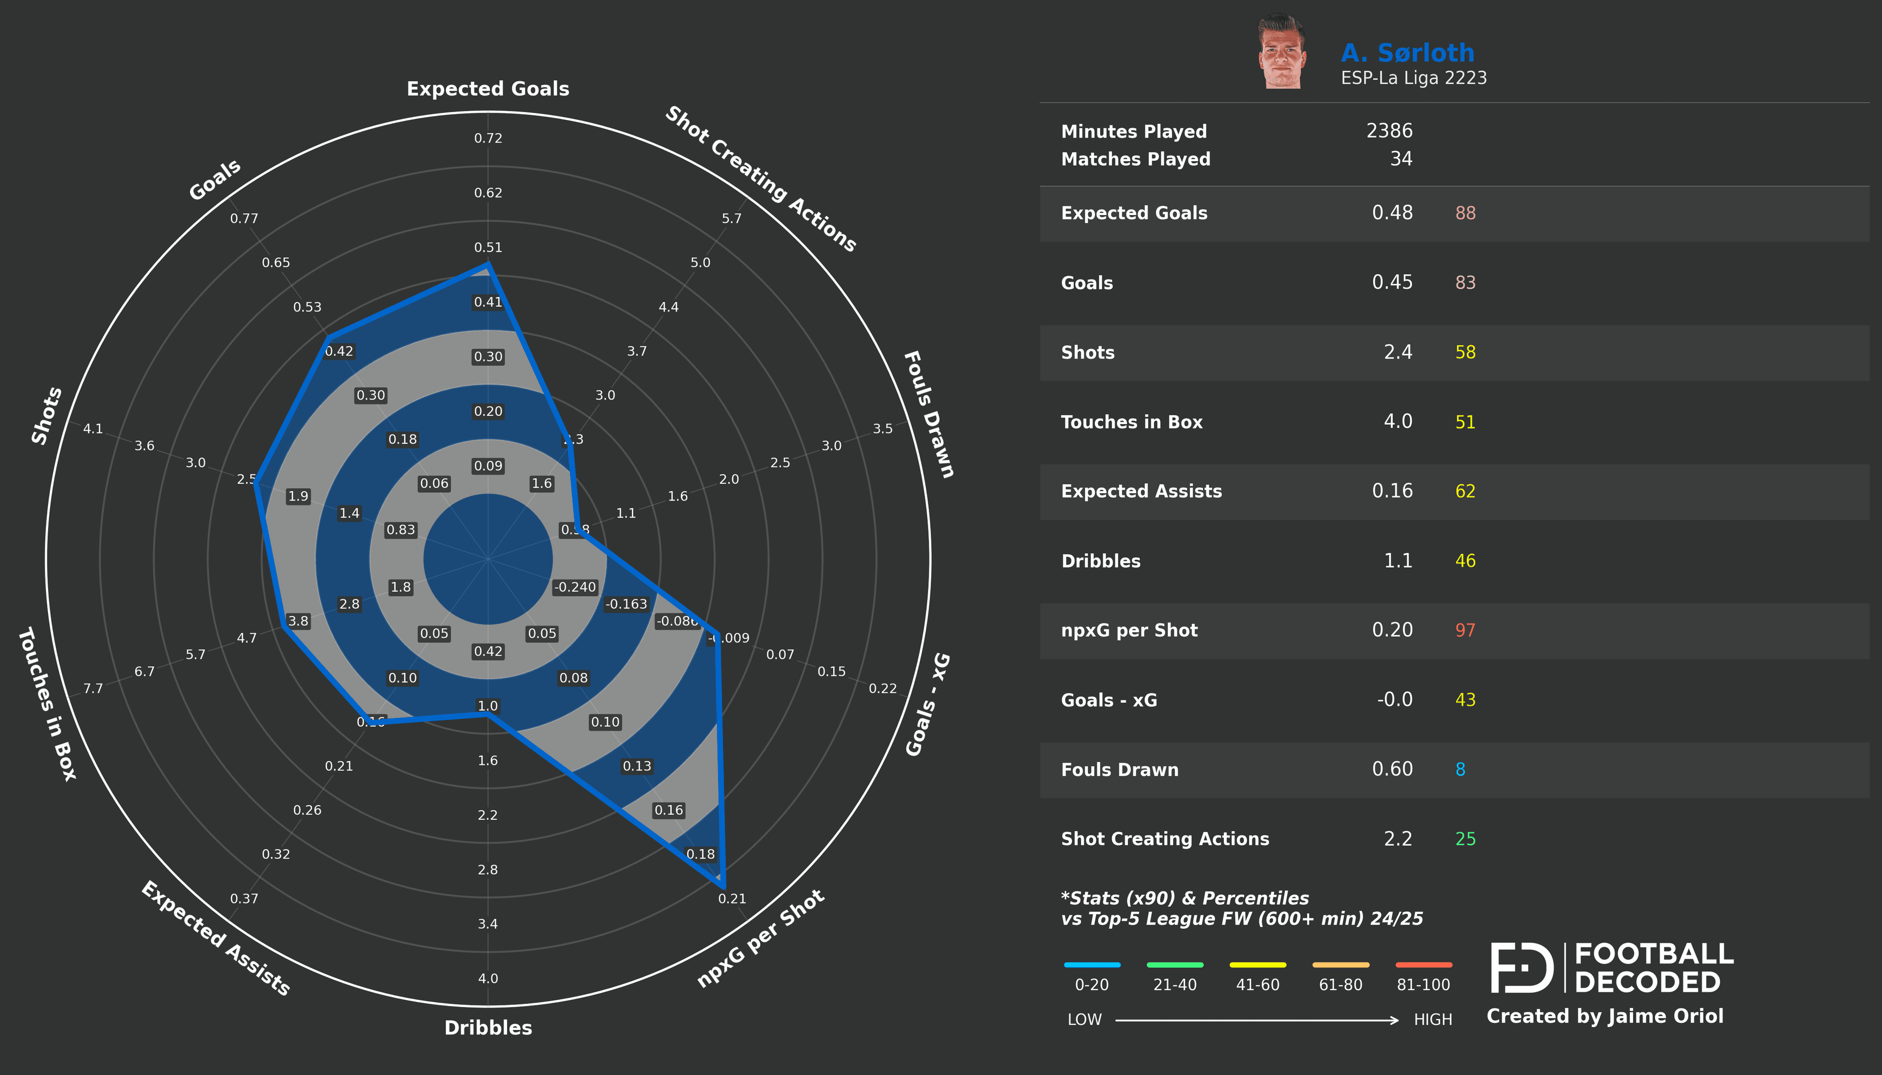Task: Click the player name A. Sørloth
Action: point(1407,53)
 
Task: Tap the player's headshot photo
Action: point(1282,52)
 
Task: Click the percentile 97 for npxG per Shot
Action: point(1465,630)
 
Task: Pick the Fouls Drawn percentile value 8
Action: point(1460,769)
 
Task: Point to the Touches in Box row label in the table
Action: point(1132,422)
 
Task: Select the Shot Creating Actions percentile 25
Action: point(1465,839)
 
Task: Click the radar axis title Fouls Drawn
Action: point(929,414)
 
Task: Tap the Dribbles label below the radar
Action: point(488,1028)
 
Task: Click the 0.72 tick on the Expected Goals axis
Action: point(488,138)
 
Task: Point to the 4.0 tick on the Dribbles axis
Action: point(488,979)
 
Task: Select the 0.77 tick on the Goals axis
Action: point(244,218)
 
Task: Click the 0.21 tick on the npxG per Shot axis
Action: point(732,899)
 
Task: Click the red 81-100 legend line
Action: point(1423,965)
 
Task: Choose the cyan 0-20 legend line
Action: point(1091,965)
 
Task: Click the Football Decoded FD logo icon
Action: point(1522,968)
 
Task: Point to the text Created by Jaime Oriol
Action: point(1604,1017)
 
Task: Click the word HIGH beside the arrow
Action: point(1432,1020)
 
